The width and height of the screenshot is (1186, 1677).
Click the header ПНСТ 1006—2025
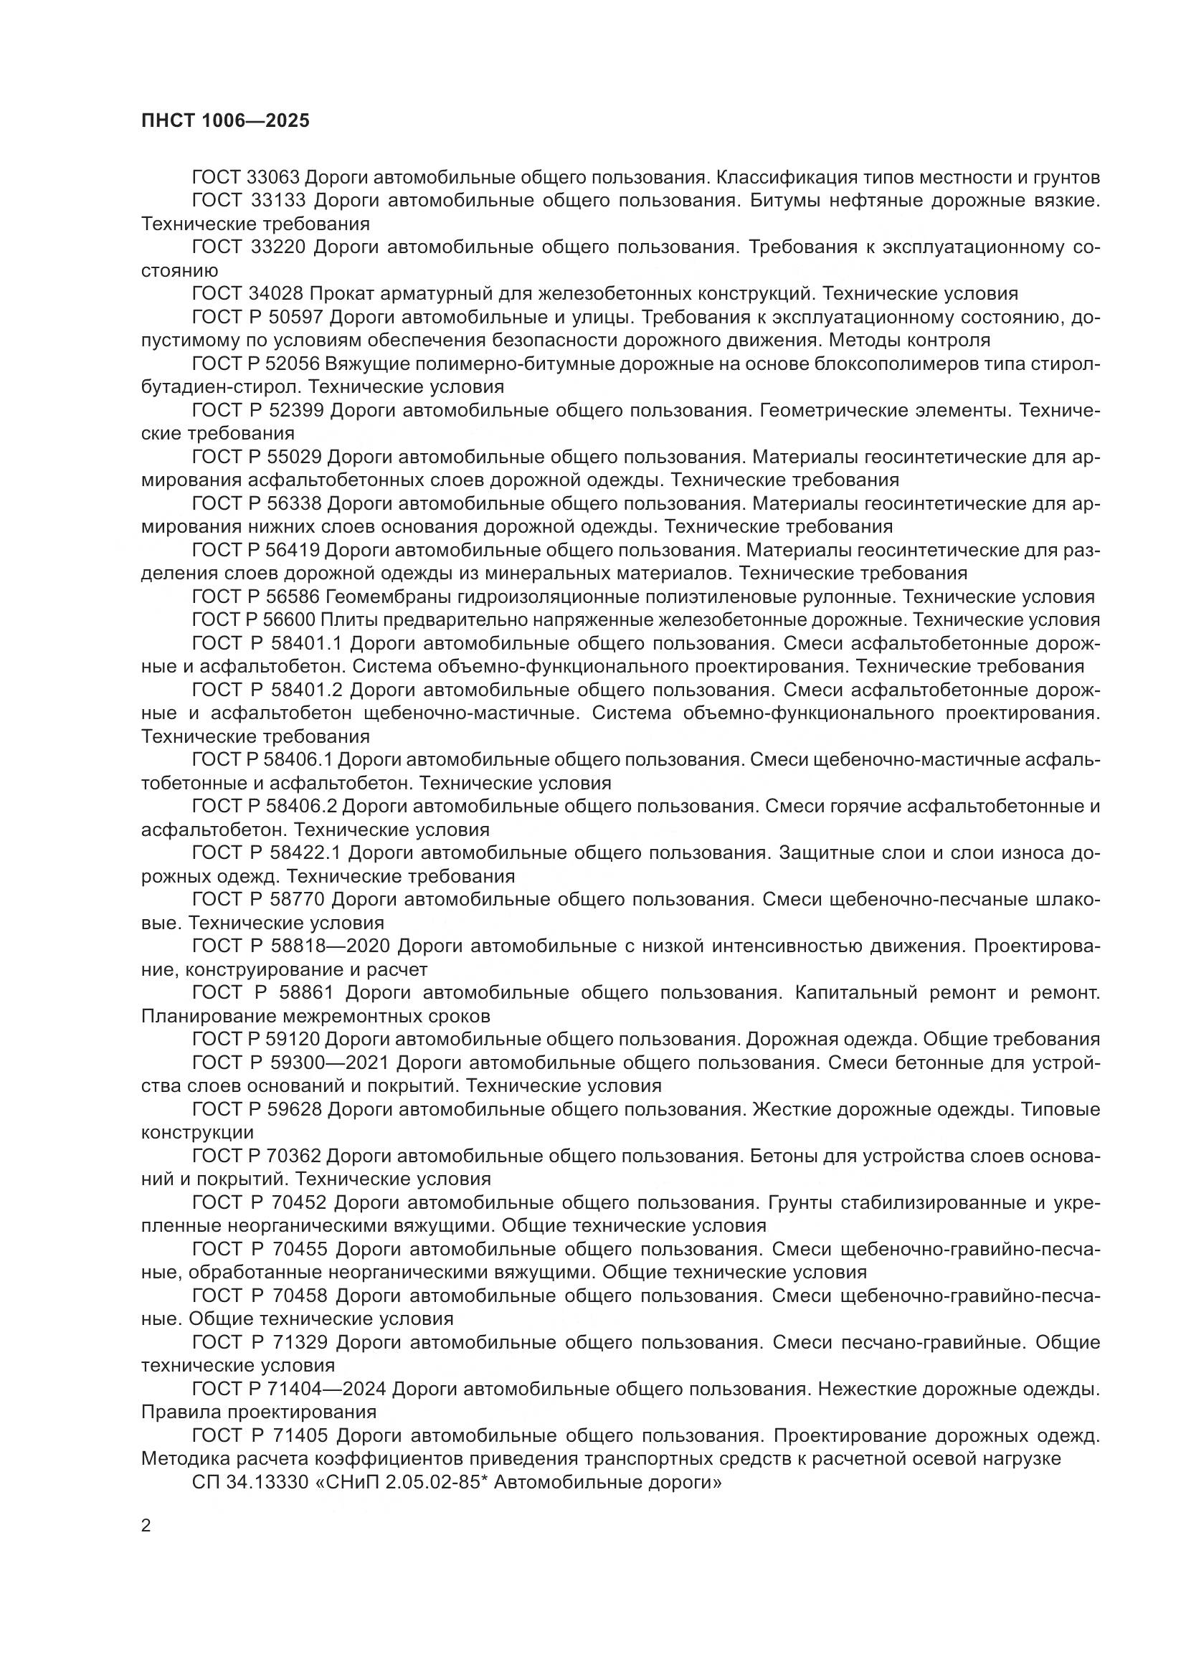point(225,120)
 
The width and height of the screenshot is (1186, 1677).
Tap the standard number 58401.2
point(313,690)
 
